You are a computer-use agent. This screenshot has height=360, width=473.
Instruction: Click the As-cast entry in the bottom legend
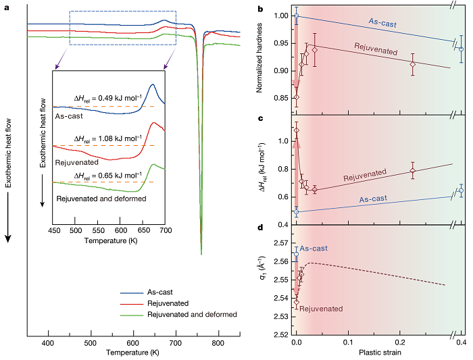tap(159, 292)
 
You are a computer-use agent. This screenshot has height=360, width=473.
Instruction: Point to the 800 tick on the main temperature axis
tap(218, 343)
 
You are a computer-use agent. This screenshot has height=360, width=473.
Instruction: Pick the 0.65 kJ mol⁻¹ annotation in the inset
tap(107, 175)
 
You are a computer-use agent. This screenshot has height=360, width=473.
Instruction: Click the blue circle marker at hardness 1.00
tap(296, 15)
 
